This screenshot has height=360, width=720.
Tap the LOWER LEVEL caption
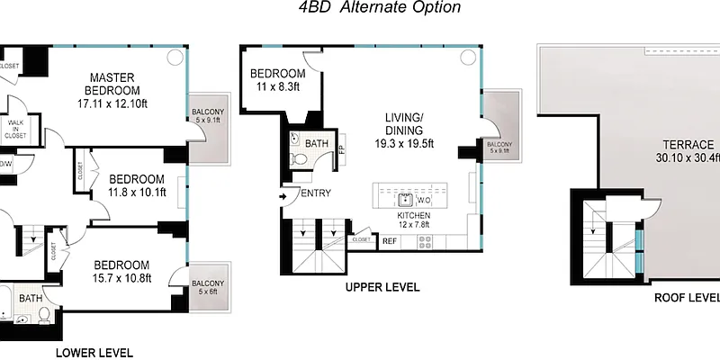pyautogui.click(x=94, y=352)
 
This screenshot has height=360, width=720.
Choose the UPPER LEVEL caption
pyautogui.click(x=382, y=287)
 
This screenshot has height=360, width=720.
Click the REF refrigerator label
pyautogui.click(x=390, y=240)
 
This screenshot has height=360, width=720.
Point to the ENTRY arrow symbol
pyautogui.click(x=284, y=193)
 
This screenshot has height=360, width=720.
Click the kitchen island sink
pyautogui.click(x=407, y=199)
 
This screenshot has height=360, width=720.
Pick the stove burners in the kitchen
pyautogui.click(x=425, y=240)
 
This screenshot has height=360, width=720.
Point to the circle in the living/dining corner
pyautogui.click(x=467, y=57)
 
